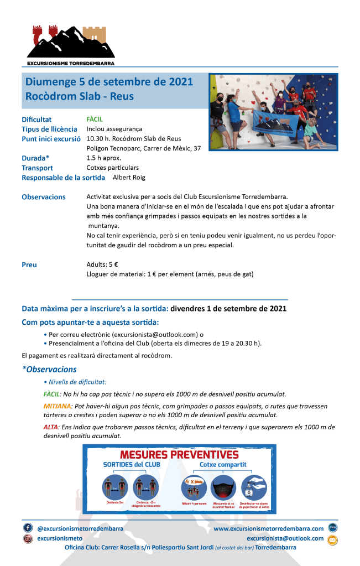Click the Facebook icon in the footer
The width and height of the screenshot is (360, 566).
(28, 528)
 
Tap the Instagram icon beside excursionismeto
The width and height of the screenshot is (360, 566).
(28, 538)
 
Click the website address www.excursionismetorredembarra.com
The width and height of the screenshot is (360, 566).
(268, 528)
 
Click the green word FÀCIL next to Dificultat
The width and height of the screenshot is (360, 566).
(95, 119)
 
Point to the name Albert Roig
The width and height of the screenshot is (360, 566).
(128, 177)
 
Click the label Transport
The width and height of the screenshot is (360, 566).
(37, 168)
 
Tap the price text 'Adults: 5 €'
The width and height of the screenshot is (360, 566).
(103, 264)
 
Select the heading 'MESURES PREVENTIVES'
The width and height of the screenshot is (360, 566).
(179, 455)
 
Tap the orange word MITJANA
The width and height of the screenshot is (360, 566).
(58, 406)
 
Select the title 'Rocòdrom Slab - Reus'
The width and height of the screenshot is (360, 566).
(80, 96)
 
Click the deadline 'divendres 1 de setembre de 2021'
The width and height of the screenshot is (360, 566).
(228, 308)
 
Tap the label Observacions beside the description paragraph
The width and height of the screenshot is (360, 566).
(43, 197)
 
